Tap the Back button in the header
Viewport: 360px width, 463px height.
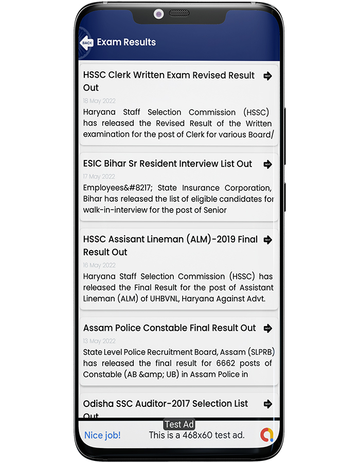[x=87, y=43]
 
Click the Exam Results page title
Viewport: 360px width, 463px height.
[x=126, y=42]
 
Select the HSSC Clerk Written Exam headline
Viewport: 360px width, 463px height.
[x=169, y=81]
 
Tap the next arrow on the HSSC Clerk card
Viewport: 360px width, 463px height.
[x=267, y=76]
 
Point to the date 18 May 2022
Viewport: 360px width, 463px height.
[x=99, y=101]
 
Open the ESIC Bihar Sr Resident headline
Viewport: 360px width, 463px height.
[x=168, y=164]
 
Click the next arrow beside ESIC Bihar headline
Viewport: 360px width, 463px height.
[x=267, y=165]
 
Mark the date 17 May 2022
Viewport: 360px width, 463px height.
[x=99, y=176]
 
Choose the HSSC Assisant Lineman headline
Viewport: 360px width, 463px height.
[x=170, y=245]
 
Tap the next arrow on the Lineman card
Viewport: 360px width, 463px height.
[x=267, y=240]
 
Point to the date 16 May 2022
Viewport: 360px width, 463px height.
[x=99, y=265]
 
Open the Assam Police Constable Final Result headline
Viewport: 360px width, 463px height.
[x=169, y=328]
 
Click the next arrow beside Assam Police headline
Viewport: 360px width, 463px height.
[x=267, y=328]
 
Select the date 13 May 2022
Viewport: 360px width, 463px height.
[x=99, y=341]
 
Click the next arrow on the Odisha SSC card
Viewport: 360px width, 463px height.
[x=267, y=404]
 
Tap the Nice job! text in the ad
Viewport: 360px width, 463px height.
[x=102, y=435]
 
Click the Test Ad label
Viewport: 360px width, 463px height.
[x=179, y=424]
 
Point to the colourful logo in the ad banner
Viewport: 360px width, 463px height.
[x=266, y=435]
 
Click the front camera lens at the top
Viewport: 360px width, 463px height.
[x=158, y=14]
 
